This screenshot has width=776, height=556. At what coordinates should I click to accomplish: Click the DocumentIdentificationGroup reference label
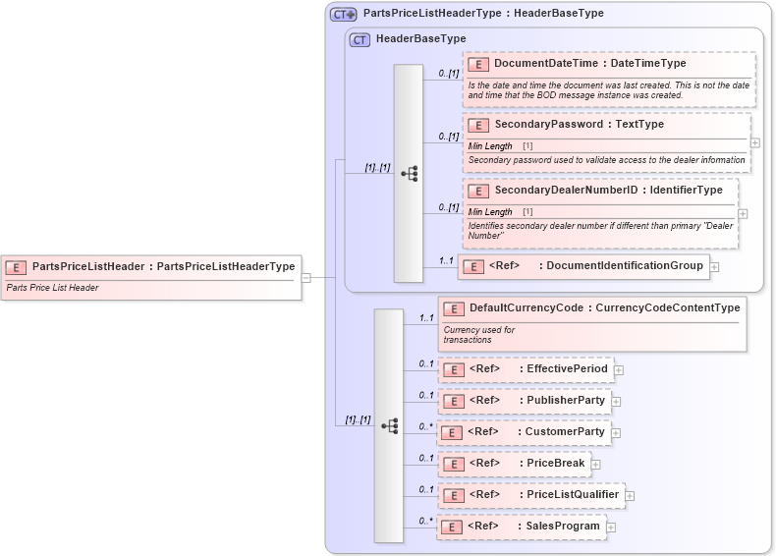624,265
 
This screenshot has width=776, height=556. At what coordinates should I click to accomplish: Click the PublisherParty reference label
565,401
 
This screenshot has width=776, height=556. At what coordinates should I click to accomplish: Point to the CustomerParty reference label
565,432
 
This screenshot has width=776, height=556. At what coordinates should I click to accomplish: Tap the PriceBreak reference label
555,464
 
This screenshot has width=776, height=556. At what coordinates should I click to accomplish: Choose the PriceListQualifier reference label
573,495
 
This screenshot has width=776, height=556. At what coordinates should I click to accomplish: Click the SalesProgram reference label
562,527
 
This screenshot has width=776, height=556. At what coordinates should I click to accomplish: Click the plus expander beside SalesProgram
611,528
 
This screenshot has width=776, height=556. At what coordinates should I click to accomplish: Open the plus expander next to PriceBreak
596,465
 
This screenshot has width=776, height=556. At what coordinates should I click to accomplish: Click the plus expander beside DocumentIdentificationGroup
714,266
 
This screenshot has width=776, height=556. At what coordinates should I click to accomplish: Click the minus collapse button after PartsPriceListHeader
306,277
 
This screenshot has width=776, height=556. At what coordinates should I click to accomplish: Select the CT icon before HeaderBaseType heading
360,39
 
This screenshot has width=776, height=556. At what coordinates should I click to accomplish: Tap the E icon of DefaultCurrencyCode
453,308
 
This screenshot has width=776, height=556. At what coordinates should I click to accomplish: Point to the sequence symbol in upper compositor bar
409,174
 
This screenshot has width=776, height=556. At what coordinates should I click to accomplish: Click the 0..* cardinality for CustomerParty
425,426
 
